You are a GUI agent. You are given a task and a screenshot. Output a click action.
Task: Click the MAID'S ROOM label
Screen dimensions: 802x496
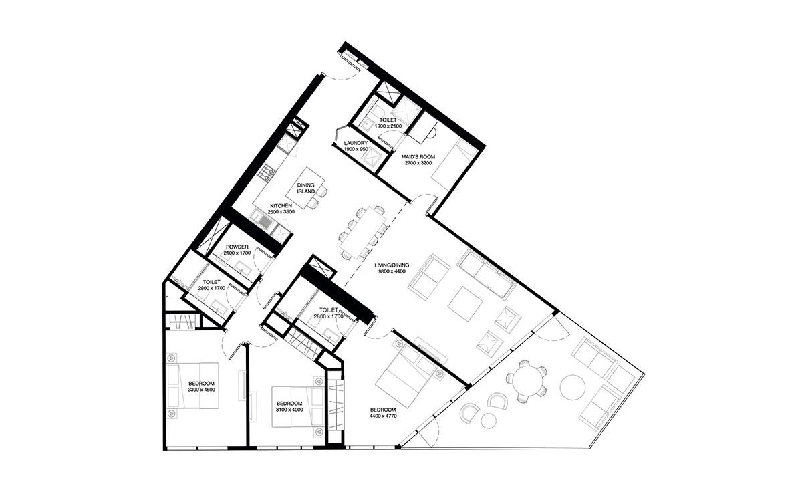(x=418, y=157)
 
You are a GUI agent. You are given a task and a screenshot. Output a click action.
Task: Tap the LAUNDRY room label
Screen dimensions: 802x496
(x=356, y=143)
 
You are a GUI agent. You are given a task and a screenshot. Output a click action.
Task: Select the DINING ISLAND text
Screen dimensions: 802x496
(x=306, y=188)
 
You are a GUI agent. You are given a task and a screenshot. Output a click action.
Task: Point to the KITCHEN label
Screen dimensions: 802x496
(x=281, y=206)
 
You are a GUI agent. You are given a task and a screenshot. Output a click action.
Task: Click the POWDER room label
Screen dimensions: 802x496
(x=237, y=247)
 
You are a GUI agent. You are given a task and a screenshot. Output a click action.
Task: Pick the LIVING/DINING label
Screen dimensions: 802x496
(x=392, y=265)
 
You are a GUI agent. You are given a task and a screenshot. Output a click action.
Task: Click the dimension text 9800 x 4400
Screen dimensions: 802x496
(x=392, y=271)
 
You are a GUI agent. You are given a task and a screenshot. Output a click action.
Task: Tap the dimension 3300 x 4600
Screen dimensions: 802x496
(x=201, y=390)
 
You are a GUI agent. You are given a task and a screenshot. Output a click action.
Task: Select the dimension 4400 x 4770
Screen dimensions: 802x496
(x=383, y=416)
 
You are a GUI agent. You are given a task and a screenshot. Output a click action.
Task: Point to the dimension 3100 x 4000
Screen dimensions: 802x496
(x=289, y=410)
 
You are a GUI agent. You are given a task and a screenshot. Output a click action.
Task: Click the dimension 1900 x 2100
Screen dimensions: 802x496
(x=388, y=126)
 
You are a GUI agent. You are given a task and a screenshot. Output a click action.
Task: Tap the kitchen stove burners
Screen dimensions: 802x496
(x=267, y=172)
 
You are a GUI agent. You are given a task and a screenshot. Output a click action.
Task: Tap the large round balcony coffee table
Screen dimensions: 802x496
(x=573, y=387)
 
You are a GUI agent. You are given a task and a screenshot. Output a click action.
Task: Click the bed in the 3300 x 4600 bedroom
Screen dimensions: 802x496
(x=192, y=386)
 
